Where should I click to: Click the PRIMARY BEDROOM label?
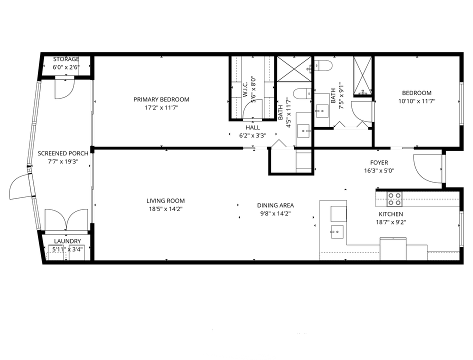[161, 99]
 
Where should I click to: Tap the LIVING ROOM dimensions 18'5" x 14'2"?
[165, 209]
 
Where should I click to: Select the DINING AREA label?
[275, 205]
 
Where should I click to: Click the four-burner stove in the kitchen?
[394, 199]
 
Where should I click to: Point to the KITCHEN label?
[390, 214]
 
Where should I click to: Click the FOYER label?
[379, 162]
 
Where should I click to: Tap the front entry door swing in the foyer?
[428, 168]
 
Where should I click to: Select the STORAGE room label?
[66, 59]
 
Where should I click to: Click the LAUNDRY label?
[67, 241]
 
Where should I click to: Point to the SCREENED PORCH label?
[63, 153]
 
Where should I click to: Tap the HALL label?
[253, 127]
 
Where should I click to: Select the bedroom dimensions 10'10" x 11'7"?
[416, 101]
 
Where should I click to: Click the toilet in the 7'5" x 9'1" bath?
[323, 65]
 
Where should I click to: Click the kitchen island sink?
[337, 232]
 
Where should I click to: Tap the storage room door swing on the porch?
[64, 88]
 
